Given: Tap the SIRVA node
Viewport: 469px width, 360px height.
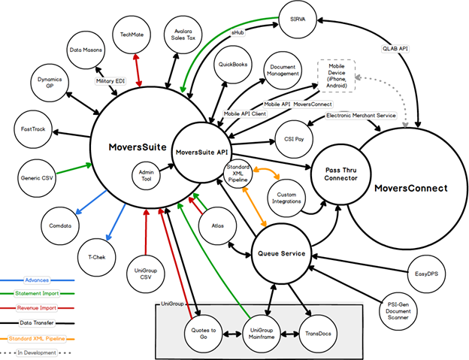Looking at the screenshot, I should (299, 16).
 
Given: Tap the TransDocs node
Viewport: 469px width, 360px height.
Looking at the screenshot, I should (317, 330).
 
